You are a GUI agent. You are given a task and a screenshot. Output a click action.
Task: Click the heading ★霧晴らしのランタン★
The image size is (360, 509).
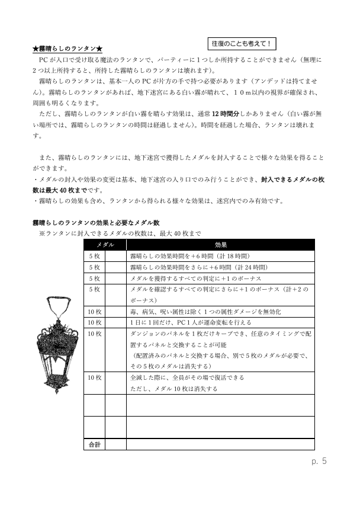(x=68, y=48)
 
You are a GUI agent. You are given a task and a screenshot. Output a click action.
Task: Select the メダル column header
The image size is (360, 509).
(x=105, y=245)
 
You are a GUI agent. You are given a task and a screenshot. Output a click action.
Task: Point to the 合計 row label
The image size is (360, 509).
(x=94, y=444)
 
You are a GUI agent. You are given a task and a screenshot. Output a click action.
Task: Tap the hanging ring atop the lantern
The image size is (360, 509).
(x=59, y=305)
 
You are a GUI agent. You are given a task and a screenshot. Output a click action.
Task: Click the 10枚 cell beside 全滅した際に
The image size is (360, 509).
(x=94, y=377)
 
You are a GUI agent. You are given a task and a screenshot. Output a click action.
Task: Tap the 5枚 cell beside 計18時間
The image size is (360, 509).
(x=94, y=256)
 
